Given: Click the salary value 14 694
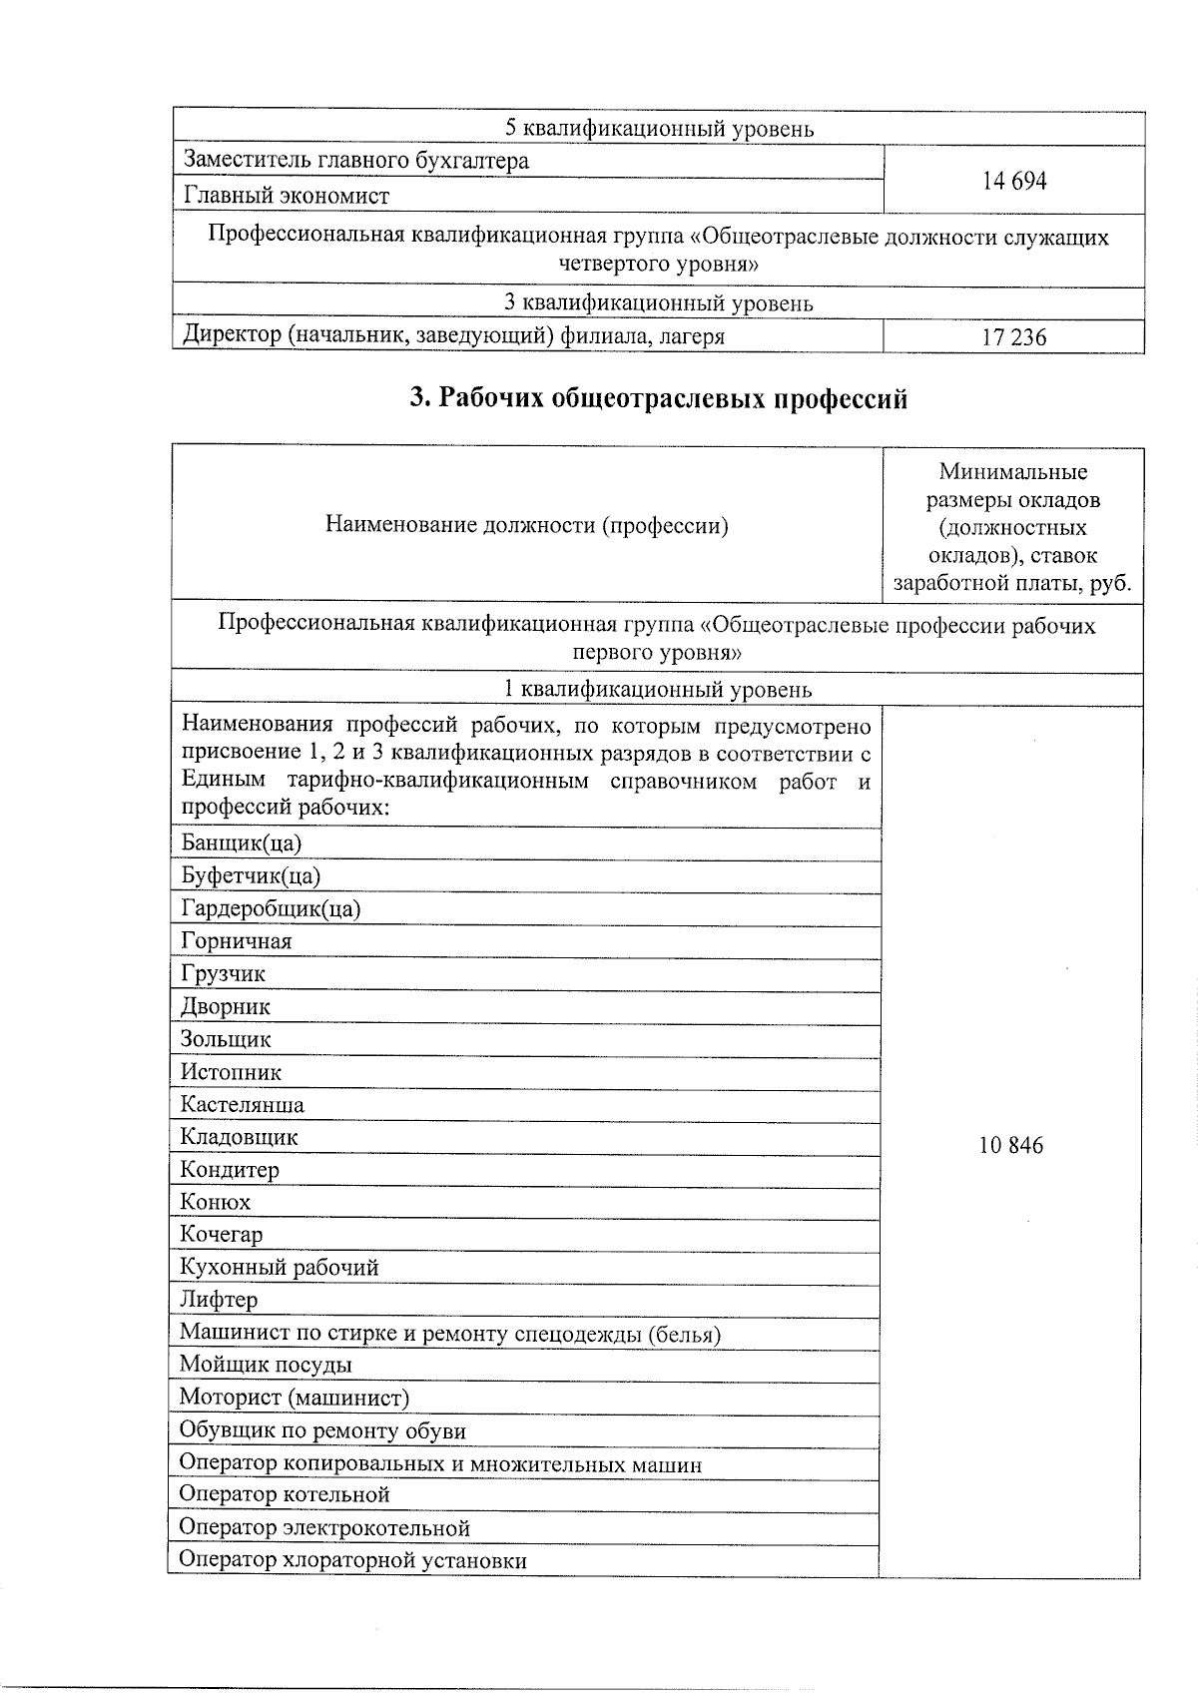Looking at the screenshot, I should point(1014,181).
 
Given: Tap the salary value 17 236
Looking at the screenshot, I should point(1014,337).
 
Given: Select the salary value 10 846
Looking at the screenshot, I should point(1011,1145).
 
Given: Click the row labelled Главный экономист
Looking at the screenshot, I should point(287,196).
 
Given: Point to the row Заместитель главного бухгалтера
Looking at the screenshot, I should point(355,161).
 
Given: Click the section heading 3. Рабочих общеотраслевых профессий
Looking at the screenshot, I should point(659,398).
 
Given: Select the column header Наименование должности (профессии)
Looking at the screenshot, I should point(527,525).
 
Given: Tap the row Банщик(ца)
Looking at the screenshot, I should point(242,843).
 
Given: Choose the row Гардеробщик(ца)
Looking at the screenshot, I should point(271,908).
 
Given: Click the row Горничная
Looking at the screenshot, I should point(237,941).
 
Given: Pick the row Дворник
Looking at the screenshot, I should point(226,1006).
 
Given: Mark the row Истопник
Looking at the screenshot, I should point(232,1072).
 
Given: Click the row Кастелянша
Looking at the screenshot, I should point(243,1104).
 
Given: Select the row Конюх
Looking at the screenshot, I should point(216,1202).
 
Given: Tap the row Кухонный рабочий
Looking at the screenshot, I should point(280,1268).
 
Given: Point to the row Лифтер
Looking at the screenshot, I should point(219,1300).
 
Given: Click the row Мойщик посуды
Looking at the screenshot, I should point(266,1365).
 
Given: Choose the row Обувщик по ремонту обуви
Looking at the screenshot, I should point(322,1430).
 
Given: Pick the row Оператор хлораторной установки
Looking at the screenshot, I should point(352,1560).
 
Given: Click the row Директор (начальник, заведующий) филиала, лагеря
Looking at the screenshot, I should point(453,336).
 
